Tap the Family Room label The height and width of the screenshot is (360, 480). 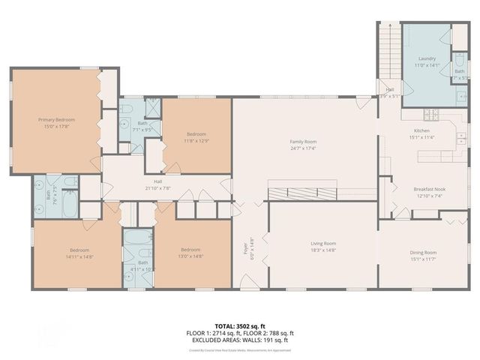[304, 141]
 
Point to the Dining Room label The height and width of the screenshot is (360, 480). [423, 253]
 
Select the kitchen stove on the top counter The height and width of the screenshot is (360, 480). [430, 115]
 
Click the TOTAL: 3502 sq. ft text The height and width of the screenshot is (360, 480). [240, 325]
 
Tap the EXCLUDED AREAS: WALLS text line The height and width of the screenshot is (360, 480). [240, 340]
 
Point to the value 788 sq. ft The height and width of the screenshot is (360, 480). [280, 333]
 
